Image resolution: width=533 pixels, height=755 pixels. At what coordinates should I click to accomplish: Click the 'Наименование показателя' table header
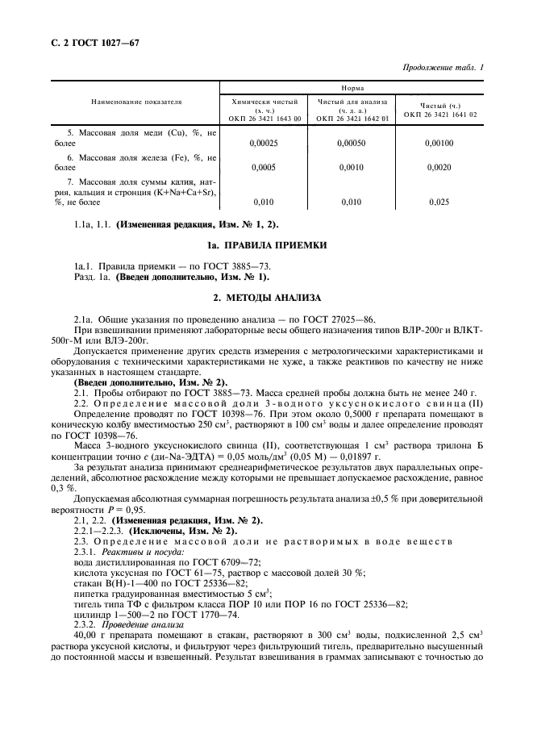pyautogui.click(x=135, y=102)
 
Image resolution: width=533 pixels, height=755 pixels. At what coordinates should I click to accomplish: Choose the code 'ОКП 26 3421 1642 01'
pyautogui.click(x=352, y=119)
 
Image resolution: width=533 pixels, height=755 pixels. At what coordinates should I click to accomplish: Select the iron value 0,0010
pyautogui.click(x=352, y=168)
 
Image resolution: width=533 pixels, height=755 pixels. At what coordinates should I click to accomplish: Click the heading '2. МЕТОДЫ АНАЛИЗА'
pyautogui.click(x=266, y=298)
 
